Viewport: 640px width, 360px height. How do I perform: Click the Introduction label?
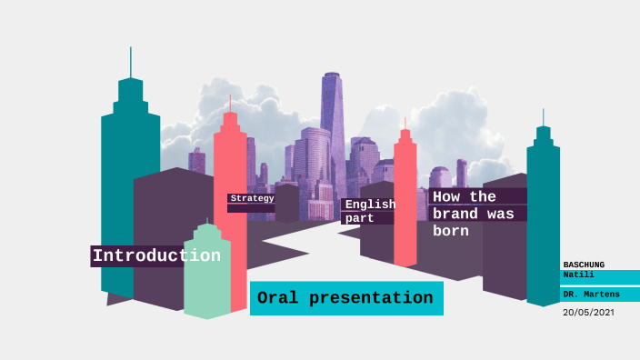(x=156, y=255)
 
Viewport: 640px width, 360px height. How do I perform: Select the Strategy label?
(x=252, y=198)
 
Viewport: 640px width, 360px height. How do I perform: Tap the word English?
(x=370, y=205)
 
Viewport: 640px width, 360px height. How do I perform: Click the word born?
(x=451, y=231)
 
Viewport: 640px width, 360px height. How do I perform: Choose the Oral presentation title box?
(x=345, y=298)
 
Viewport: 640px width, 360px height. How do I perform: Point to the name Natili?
(x=579, y=274)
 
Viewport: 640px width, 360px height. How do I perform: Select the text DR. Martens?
(x=591, y=295)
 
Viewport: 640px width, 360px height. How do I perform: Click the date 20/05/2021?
(x=589, y=312)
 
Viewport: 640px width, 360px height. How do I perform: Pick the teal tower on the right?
(x=543, y=218)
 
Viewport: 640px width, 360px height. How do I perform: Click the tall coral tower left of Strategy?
(x=230, y=173)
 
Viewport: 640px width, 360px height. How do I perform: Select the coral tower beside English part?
(x=405, y=200)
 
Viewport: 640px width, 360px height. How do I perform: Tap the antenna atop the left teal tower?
(x=131, y=62)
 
